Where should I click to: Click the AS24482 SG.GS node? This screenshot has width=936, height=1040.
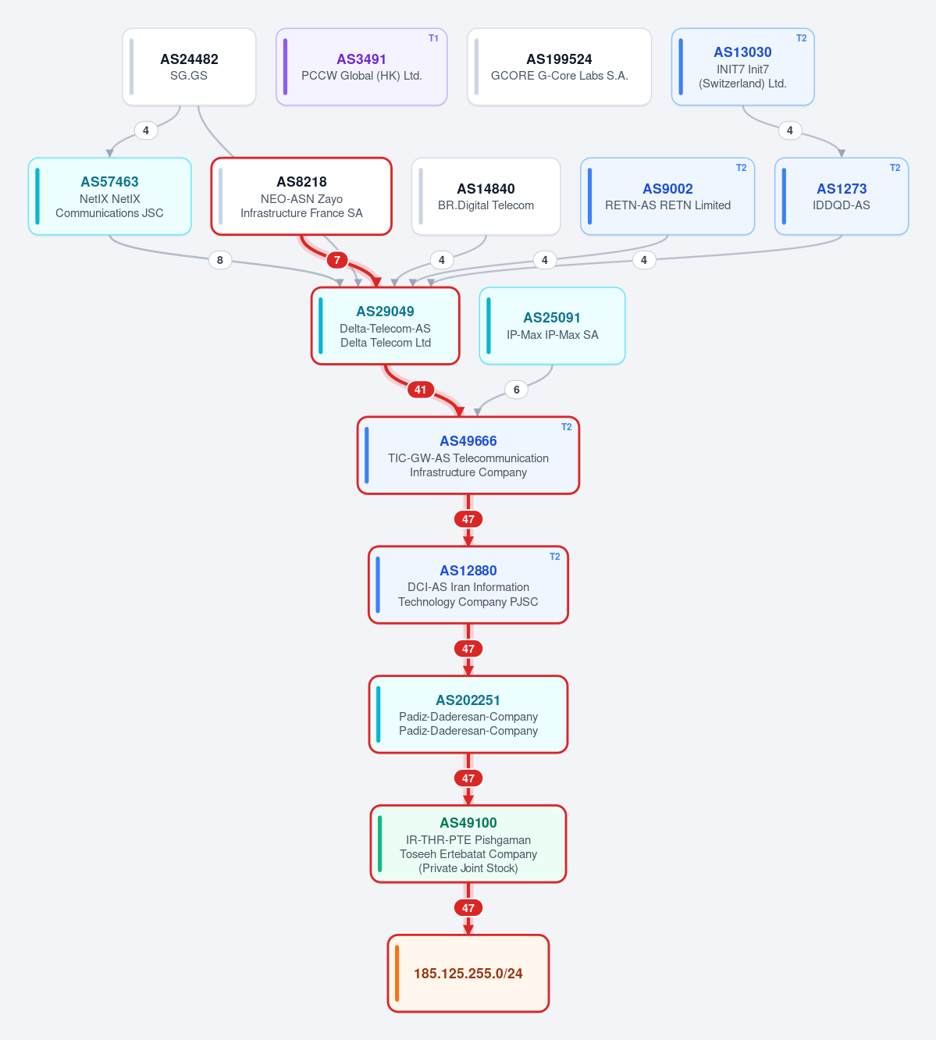[189, 67]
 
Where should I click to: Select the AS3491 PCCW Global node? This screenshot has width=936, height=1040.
[361, 67]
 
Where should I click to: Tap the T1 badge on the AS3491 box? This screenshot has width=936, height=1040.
[433, 38]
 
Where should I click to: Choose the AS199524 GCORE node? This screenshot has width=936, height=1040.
[559, 67]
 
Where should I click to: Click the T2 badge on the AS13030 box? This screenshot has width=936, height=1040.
[801, 38]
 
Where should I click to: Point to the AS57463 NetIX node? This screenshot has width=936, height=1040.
[110, 197]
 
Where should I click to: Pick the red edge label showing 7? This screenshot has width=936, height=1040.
[337, 260]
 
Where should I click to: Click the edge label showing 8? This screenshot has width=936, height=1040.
[220, 260]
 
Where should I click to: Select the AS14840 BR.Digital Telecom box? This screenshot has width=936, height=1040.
[486, 197]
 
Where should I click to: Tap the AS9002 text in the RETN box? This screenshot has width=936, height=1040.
[667, 189]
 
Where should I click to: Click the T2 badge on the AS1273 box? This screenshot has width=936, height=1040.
[895, 168]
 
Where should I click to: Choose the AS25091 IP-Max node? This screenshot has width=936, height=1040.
[552, 326]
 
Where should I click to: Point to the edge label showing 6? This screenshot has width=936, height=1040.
[517, 390]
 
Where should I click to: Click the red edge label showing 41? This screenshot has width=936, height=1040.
[421, 390]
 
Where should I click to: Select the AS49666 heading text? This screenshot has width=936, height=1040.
[468, 440]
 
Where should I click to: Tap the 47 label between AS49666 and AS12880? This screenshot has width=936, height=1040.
[468, 519]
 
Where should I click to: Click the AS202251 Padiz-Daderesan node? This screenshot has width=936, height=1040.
[468, 714]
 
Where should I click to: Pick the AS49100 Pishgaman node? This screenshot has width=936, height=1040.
[468, 844]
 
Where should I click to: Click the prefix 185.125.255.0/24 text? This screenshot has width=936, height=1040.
[468, 974]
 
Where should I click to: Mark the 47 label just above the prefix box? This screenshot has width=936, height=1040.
[468, 908]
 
